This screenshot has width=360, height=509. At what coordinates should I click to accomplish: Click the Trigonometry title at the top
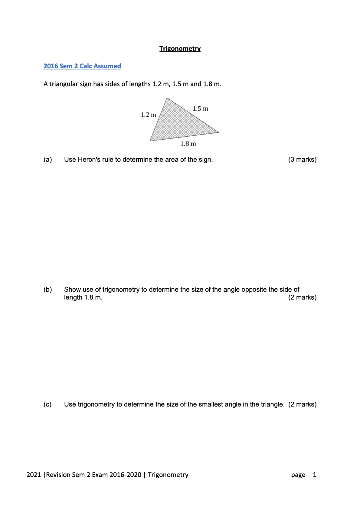tap(180, 49)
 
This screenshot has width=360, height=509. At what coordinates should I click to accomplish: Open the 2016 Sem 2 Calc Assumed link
tap(82, 66)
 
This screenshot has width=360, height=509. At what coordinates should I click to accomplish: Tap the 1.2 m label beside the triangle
tap(148, 115)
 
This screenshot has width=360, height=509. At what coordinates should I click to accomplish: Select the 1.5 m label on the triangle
tap(200, 109)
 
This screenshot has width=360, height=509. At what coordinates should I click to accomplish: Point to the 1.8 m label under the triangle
tap(188, 144)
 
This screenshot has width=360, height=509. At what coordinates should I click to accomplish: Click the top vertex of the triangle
tap(167, 98)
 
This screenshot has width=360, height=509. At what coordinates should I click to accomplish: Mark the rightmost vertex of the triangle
tap(218, 132)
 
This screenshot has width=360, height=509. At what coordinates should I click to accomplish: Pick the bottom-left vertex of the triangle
tap(150, 141)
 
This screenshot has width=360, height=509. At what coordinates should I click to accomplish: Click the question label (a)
tap(47, 160)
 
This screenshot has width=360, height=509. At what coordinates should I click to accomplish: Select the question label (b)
tap(47, 290)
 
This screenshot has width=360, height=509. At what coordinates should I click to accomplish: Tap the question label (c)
tap(47, 404)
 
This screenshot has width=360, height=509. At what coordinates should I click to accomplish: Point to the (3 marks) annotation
tap(302, 160)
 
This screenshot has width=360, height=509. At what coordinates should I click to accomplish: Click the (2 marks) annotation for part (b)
tap(302, 297)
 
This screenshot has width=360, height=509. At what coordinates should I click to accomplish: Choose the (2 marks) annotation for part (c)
tap(302, 404)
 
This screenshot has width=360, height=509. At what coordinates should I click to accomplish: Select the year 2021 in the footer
tap(34, 475)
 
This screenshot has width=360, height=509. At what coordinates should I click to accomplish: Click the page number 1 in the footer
tap(315, 475)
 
